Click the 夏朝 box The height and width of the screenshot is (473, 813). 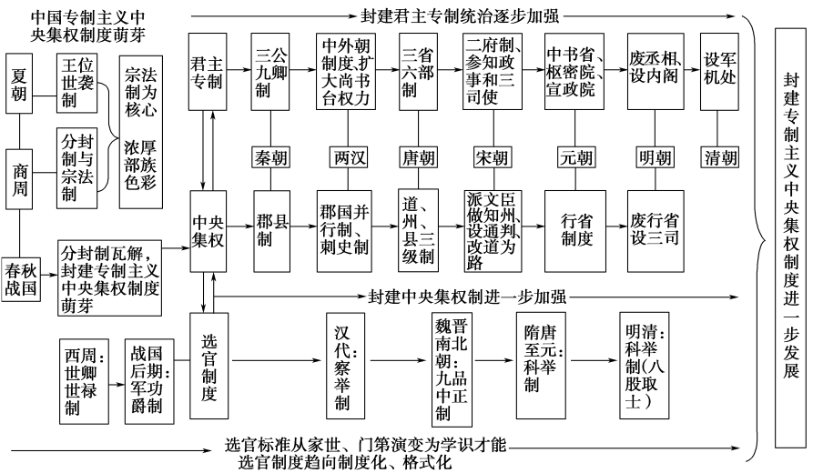coord(23,85)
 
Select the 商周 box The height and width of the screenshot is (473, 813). coord(23,176)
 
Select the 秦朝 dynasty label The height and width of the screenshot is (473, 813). coord(271,157)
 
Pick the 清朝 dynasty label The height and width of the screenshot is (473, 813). coord(720,157)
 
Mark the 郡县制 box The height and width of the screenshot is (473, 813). coord(271,232)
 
